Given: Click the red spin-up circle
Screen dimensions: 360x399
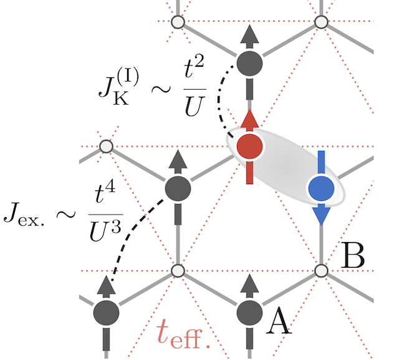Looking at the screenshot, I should click(250, 147).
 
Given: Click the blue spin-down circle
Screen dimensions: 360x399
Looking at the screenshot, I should click(321, 188).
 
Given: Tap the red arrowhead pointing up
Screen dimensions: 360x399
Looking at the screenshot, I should click(250, 119).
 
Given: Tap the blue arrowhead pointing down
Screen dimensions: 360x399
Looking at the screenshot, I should click(321, 216).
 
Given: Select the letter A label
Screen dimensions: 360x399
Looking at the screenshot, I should click(280, 323).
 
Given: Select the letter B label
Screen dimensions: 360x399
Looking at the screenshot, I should click(352, 256).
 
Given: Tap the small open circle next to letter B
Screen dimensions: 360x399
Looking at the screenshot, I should click(321, 271).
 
